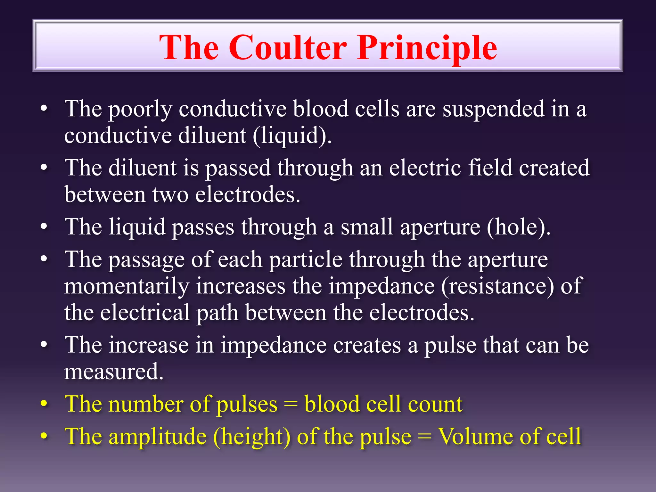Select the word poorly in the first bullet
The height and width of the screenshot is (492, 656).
pos(140,109)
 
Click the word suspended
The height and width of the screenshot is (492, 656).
pos(493,109)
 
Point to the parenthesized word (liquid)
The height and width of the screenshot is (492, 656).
pos(292,135)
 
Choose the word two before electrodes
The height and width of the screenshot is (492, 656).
pos(170,194)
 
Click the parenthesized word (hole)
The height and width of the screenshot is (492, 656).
pos(518,227)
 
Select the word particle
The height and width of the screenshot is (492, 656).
pos(306,259)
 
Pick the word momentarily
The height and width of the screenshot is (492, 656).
pos(127,286)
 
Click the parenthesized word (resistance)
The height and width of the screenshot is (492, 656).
pos(497,286)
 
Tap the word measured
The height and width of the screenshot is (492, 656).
pos(114,372)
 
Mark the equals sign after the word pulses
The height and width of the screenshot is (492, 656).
pos(291,404)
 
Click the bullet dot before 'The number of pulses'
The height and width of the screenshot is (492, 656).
pos(44,404)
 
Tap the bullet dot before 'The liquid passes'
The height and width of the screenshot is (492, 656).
pos(44,226)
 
